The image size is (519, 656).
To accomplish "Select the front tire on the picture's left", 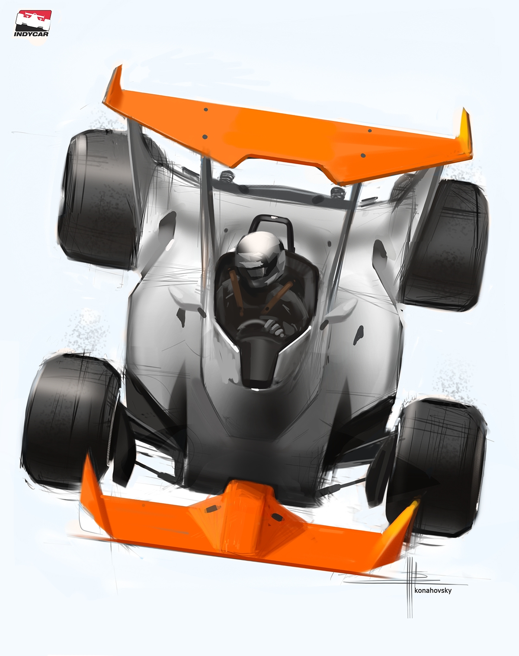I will pyautogui.click(x=71, y=421).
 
